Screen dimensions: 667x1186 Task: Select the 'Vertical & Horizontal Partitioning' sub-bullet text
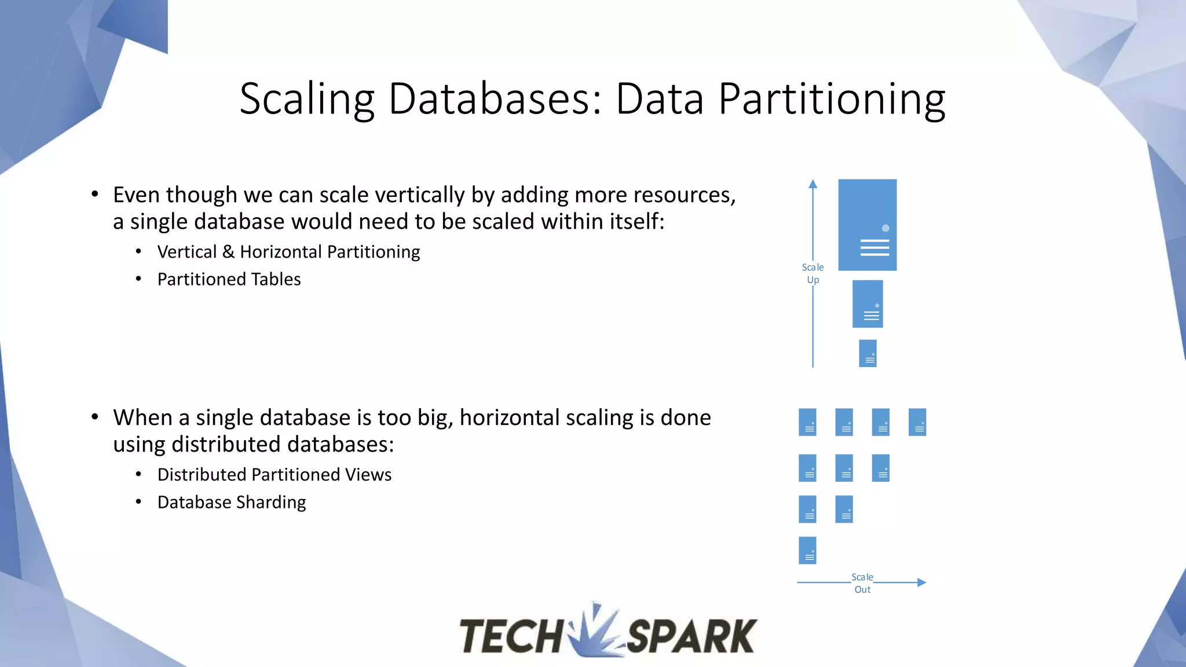[288, 252]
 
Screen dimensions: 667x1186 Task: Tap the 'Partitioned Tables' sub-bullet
[229, 280]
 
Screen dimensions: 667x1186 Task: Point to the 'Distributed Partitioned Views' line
[274, 475]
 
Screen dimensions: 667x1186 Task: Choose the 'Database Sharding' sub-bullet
[232, 502]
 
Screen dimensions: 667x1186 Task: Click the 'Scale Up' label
[812, 273]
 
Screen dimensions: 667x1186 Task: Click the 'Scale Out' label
[862, 583]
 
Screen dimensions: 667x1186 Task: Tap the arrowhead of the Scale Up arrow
[813, 184]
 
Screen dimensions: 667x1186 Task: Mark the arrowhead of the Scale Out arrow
[921, 582]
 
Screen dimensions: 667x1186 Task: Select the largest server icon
[867, 225]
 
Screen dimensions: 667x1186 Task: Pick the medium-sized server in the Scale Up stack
[867, 304]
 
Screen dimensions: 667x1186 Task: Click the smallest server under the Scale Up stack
[867, 353]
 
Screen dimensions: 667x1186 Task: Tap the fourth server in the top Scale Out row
[917, 422]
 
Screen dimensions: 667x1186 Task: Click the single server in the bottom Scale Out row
[807, 550]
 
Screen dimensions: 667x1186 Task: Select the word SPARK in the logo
[691, 636]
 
